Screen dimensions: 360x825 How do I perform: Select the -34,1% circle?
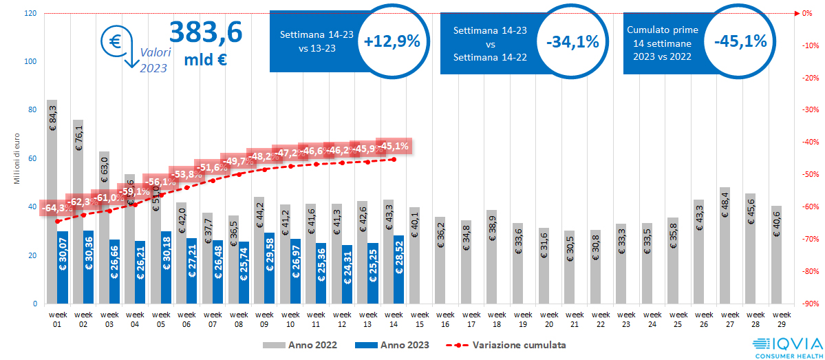point(572,42)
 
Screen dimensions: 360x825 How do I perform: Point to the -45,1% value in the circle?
point(740,41)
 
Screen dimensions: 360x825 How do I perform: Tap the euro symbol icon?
point(113,41)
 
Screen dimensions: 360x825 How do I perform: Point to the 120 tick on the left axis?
point(30,13)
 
